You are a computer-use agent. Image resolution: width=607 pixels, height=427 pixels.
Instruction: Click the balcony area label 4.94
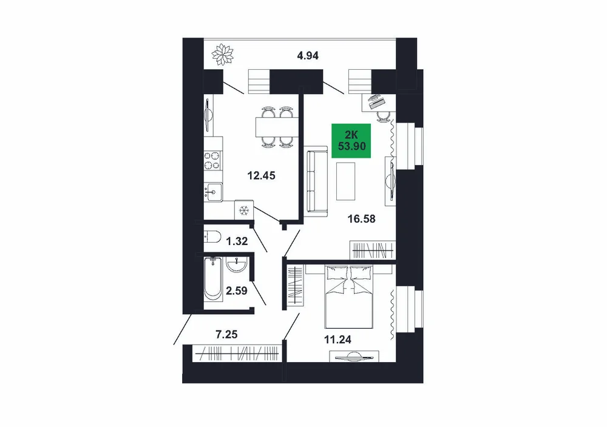[308, 56]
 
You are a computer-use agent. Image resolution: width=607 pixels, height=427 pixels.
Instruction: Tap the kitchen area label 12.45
[261, 176]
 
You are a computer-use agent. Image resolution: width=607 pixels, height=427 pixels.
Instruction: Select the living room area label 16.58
[362, 219]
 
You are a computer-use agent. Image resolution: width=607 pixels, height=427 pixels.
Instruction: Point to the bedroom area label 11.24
[337, 340]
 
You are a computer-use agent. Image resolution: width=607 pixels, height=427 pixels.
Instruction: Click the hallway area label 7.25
[226, 334]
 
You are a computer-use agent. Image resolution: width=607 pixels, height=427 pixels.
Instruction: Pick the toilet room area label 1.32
[237, 241]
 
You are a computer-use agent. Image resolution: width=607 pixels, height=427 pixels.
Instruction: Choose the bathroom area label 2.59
[237, 291]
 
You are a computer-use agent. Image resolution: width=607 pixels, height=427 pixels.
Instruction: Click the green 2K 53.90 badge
[351, 141]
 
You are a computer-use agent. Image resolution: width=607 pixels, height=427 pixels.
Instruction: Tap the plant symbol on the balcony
[223, 55]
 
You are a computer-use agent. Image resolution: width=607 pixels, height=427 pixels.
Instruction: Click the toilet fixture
[212, 236]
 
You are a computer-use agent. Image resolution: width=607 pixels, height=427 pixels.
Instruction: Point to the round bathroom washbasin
[236, 264]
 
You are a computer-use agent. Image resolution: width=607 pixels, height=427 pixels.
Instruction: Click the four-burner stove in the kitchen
[213, 161]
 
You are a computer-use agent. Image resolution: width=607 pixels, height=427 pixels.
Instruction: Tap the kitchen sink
[213, 191]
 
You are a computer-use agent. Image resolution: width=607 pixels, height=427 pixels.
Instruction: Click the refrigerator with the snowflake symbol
[244, 210]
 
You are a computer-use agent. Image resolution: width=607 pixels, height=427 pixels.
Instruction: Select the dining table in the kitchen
[277, 127]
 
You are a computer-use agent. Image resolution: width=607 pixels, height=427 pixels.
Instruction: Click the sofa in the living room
[316, 181]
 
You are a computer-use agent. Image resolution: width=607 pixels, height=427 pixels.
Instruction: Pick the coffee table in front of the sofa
[346, 181]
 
